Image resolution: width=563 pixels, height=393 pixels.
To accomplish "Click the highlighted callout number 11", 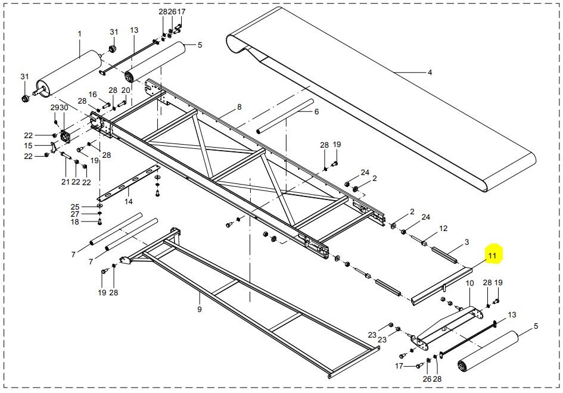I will (492, 257).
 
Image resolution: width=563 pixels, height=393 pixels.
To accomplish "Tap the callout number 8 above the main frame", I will (239, 107).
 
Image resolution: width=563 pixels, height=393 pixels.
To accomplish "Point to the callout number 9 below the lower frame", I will (200, 309).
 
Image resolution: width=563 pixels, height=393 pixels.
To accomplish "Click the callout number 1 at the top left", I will (79, 34).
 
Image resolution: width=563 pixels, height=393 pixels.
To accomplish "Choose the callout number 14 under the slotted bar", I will (128, 202).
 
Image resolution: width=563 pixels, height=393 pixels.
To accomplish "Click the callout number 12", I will (443, 229).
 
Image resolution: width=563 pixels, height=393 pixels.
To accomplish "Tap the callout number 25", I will (74, 206).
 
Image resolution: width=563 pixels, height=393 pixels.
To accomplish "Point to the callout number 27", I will (74, 214).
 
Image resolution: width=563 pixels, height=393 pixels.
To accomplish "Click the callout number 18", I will (74, 222).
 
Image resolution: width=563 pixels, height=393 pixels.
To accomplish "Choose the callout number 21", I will (66, 182).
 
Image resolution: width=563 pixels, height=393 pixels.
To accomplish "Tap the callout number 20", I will (125, 91).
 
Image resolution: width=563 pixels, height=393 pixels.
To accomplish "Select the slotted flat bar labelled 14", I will (125, 185).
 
